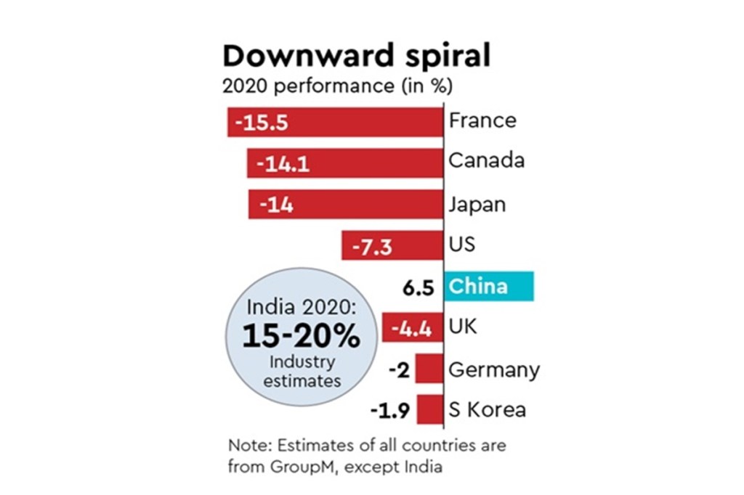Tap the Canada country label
(486, 160)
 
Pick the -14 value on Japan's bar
(276, 205)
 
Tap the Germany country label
(494, 370)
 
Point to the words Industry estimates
(301, 371)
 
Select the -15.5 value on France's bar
(262, 123)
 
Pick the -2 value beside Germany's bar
(400, 371)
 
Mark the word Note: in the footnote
(249, 445)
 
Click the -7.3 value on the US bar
(372, 247)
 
